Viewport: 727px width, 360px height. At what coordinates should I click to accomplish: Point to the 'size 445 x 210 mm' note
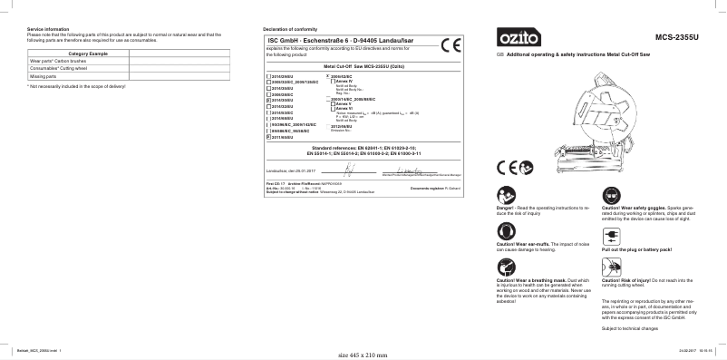[363, 355]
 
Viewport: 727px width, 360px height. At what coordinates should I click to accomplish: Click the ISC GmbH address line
[340, 42]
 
